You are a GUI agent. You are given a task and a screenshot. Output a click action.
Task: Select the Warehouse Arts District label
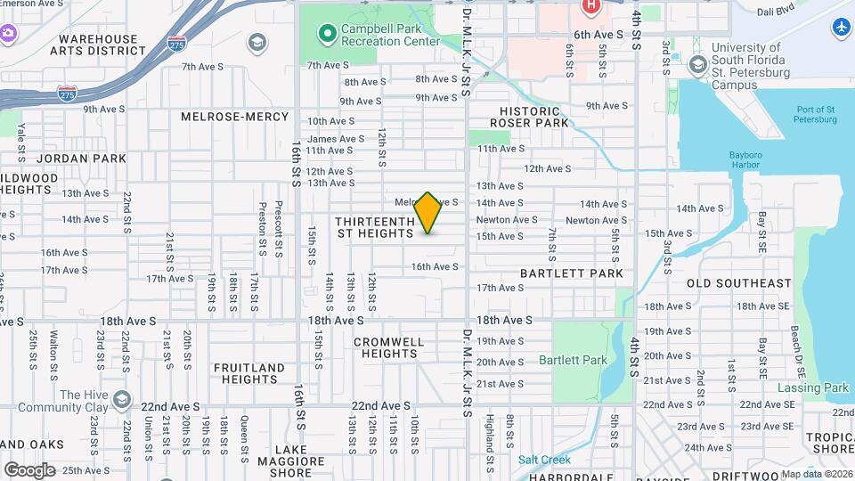(97, 45)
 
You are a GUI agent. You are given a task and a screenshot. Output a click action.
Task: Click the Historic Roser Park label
(529, 116)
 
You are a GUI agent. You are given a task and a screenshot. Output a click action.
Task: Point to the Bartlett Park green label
(573, 360)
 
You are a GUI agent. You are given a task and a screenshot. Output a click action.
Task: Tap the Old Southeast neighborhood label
(738, 283)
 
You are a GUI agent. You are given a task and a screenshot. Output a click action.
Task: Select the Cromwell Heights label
(389, 347)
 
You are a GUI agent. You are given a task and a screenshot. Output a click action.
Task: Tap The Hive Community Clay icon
(123, 398)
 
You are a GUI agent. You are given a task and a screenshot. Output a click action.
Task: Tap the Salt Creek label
(544, 460)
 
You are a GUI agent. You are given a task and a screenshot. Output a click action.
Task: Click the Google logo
(29, 469)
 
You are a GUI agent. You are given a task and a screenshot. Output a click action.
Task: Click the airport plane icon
(842, 28)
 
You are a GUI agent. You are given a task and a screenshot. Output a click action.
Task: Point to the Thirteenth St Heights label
(376, 227)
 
